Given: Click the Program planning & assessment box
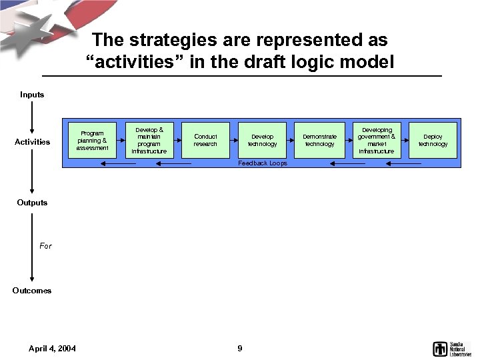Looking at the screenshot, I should pos(92,140).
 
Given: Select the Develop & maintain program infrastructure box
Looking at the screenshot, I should pos(149,140).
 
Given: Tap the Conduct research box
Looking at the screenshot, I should pos(205,140).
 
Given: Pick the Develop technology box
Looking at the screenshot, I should pos(262,140).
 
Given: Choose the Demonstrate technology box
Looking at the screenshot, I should pos(319,140).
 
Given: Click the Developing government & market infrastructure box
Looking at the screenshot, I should pos(377,140).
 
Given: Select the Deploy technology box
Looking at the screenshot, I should pos(433,140).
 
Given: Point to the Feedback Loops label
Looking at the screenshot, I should pos(263,163).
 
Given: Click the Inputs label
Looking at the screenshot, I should pos(32,95).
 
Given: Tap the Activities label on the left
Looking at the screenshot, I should pos(32,142).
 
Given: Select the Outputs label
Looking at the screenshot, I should pos(32,203).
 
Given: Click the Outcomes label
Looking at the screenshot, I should pos(32,291).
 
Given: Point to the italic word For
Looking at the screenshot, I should pos(45,246).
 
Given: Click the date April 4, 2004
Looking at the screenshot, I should pos(52,349).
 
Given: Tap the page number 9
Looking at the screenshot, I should pos(240,349).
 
